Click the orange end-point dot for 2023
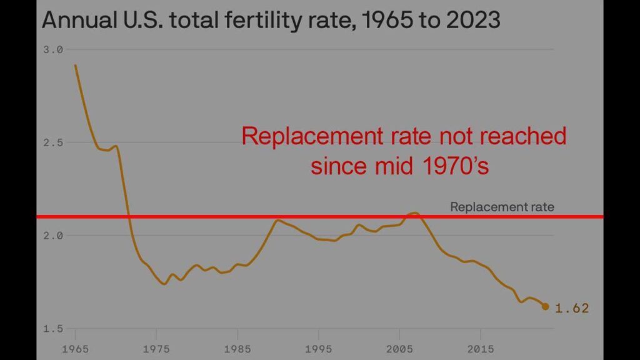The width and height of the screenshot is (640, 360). [x=545, y=306]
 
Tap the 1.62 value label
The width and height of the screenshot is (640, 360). [x=572, y=308]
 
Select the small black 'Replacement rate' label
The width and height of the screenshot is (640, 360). [x=502, y=207]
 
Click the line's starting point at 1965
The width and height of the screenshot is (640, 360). [x=76, y=65]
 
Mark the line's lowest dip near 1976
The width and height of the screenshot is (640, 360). [x=164, y=284]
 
